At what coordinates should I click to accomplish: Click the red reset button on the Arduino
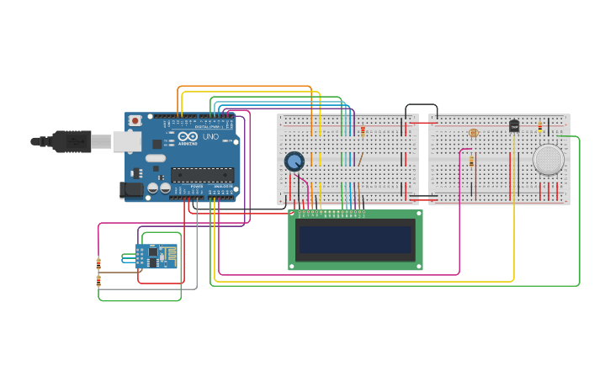click(x=135, y=121)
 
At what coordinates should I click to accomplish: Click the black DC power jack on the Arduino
click(x=131, y=190)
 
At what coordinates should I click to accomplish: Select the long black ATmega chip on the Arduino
click(x=202, y=175)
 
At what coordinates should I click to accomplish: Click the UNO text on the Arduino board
click(x=210, y=137)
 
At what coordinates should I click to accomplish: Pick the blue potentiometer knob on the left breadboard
click(x=294, y=161)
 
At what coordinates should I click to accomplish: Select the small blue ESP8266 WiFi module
click(x=156, y=256)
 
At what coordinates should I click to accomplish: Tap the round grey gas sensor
click(x=548, y=159)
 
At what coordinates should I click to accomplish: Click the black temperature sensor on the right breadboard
click(x=514, y=126)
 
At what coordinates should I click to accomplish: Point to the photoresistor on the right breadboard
click(x=473, y=133)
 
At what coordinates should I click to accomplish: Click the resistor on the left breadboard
click(x=363, y=130)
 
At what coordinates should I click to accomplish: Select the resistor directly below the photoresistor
click(x=471, y=161)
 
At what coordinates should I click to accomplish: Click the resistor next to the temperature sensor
click(x=540, y=127)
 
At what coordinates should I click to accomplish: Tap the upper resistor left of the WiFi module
click(x=98, y=262)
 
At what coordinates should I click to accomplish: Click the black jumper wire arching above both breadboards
click(x=421, y=105)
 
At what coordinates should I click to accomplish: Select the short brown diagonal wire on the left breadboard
click(x=360, y=158)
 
